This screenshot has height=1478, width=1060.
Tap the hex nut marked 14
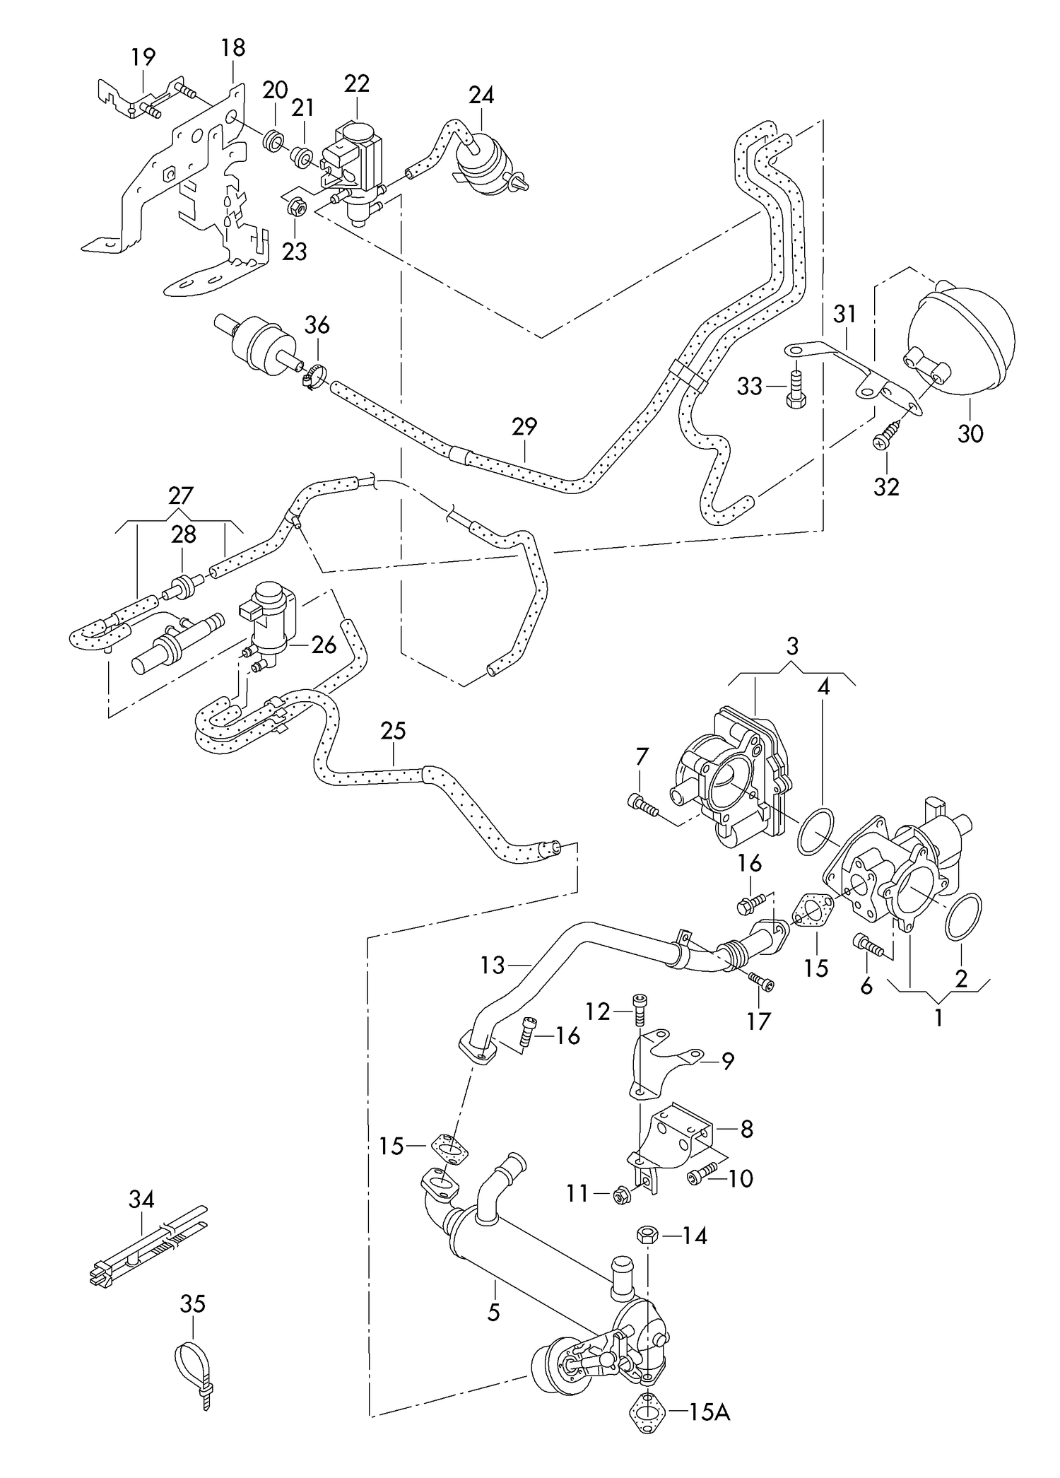[x=649, y=1236]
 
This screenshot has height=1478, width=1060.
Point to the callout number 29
[x=524, y=427]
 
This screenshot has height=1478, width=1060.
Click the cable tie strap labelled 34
[x=148, y=1257]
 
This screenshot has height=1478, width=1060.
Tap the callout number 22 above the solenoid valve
[x=357, y=83]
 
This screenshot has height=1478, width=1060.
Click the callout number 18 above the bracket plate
[x=232, y=48]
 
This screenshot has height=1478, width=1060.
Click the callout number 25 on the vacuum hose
[x=393, y=731]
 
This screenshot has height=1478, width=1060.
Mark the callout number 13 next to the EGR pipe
[x=493, y=965]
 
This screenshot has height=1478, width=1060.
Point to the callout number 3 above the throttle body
[x=791, y=646]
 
